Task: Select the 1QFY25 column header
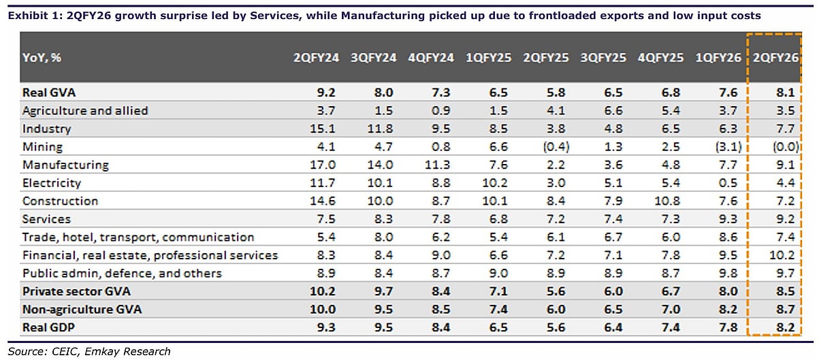click(x=487, y=58)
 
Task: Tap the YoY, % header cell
click(x=42, y=58)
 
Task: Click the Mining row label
click(x=42, y=146)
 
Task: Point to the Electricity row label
click(x=52, y=182)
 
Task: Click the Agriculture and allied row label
click(x=84, y=110)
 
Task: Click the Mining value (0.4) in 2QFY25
click(x=545, y=146)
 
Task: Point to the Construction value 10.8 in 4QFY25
click(x=660, y=201)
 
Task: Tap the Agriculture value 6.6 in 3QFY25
click(x=603, y=110)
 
